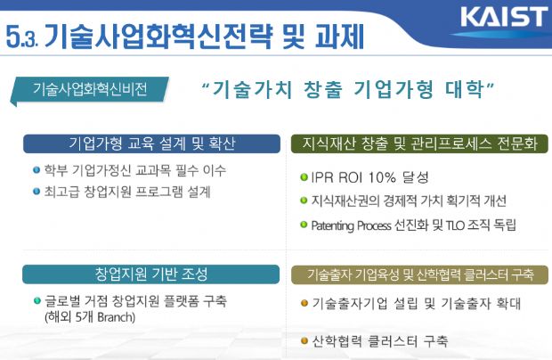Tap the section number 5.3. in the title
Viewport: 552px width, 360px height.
22,37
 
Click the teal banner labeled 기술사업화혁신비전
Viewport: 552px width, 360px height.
90,89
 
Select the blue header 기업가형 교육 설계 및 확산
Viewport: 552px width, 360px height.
151,143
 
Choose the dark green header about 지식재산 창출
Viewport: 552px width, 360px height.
419,143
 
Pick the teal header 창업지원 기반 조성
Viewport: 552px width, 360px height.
151,274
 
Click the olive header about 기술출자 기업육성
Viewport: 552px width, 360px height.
420,274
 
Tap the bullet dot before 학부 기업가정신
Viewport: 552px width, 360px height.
37,170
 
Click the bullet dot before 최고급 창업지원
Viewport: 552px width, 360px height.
37,192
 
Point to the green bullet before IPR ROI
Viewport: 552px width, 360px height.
304,176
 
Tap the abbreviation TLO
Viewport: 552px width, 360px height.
455,225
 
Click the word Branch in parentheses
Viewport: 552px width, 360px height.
115,317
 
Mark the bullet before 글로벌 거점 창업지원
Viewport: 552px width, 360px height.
37,301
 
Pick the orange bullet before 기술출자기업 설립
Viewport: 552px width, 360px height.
304,303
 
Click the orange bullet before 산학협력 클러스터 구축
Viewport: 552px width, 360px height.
304,341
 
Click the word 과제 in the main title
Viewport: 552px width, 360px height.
339,36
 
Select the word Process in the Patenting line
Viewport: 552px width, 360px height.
374,225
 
